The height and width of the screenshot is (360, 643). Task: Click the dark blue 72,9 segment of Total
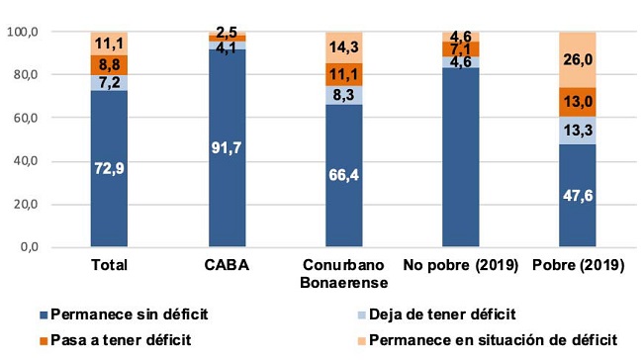point(109,168)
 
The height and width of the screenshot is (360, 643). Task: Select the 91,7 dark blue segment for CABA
point(227,148)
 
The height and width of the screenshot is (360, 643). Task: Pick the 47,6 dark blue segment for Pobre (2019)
point(576,196)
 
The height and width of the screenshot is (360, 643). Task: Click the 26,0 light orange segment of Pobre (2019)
point(576,59)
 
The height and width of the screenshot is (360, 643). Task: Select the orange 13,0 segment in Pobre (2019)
point(576,102)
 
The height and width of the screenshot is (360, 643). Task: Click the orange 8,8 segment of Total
point(109,64)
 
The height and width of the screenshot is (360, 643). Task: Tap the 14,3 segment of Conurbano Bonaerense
point(343,47)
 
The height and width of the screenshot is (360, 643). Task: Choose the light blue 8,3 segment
point(343,94)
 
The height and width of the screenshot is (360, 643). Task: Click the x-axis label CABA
point(227,265)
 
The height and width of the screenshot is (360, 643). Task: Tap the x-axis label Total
point(109,265)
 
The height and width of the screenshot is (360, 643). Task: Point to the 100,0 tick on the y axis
point(50,32)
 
